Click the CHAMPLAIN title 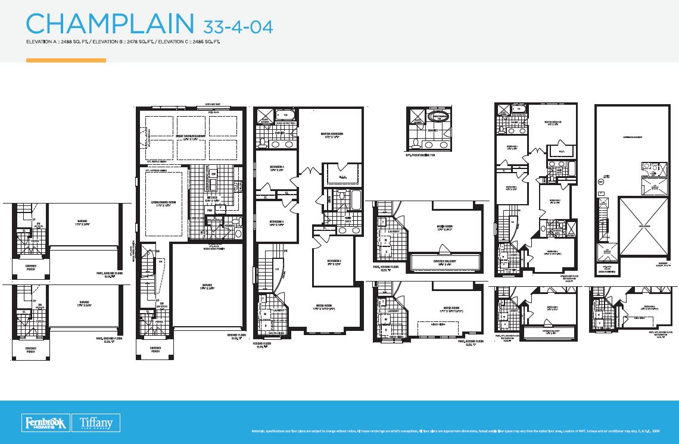[x=110, y=24]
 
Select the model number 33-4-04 [x=238, y=26]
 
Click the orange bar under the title [x=66, y=60]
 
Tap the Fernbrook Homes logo [x=46, y=423]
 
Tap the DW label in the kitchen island [x=214, y=174]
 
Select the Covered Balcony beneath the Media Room [x=444, y=262]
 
